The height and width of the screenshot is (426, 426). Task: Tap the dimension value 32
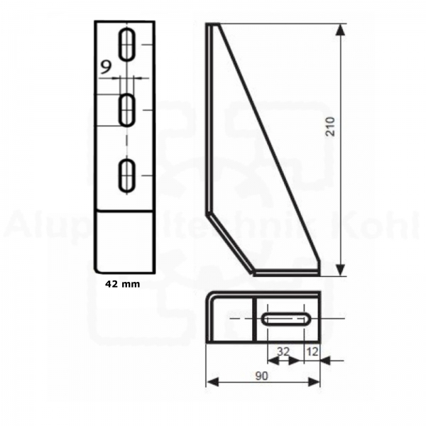283,350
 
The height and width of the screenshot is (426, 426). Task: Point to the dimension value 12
312,350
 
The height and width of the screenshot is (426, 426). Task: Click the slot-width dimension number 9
106,67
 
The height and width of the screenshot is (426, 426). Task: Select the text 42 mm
122,283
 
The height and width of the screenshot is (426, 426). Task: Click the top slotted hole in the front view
128,45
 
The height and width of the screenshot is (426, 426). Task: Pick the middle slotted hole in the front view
128,110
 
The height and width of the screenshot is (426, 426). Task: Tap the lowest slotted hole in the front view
128,175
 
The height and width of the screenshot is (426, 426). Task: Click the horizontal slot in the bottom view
285,319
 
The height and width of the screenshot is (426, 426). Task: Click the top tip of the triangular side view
212,26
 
